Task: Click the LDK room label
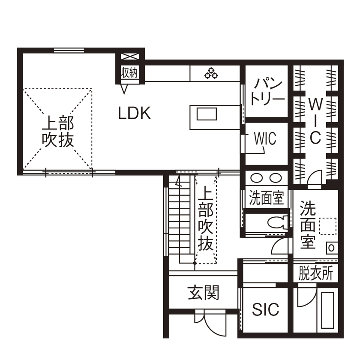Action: (x=134, y=114)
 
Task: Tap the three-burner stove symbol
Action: (x=211, y=74)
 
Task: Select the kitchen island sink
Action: (x=207, y=114)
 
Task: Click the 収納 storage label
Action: (x=129, y=72)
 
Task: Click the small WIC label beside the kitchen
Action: (x=265, y=139)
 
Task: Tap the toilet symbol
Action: (x=274, y=223)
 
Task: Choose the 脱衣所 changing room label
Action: (x=316, y=273)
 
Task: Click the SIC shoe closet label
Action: (x=265, y=309)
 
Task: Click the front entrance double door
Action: (x=210, y=322)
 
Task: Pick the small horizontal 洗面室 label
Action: (x=267, y=198)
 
